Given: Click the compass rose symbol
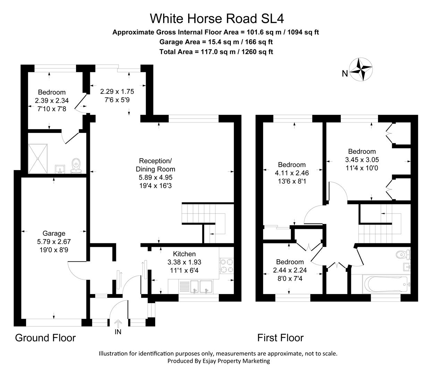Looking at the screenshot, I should click(x=361, y=69).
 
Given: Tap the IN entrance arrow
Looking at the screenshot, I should click(x=118, y=324).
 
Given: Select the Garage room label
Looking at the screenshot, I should click(x=54, y=233).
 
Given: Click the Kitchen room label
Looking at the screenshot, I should click(x=184, y=254).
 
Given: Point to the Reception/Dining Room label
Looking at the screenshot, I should click(x=155, y=165).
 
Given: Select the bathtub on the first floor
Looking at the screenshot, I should click(x=383, y=284).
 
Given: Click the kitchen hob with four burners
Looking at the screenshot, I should click(x=227, y=266).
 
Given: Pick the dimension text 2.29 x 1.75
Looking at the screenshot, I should click(x=117, y=92).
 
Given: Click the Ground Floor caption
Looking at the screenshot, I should click(x=45, y=338).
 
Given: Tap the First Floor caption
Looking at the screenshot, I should click(x=280, y=338).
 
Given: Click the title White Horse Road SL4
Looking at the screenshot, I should click(x=214, y=18).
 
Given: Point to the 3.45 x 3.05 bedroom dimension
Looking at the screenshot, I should click(x=362, y=160).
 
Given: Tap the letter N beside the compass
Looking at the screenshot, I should click(x=345, y=74).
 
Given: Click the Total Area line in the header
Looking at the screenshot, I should click(x=216, y=52).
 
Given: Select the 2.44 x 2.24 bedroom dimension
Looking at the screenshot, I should click(x=290, y=270).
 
